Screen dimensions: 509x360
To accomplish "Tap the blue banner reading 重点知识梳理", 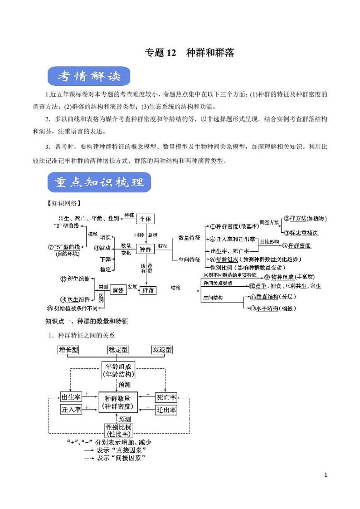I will tap(99, 183).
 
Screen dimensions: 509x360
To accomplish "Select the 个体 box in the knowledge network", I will tap(145, 219).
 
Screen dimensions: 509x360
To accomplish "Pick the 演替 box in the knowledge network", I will tap(118, 290).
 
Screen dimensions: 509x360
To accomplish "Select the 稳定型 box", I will tap(118, 350).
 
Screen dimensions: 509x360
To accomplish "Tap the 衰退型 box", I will tap(162, 350).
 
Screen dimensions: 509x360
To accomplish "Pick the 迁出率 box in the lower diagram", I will tap(166, 410).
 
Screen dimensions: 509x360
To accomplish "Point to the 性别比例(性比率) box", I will tap(118, 431).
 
